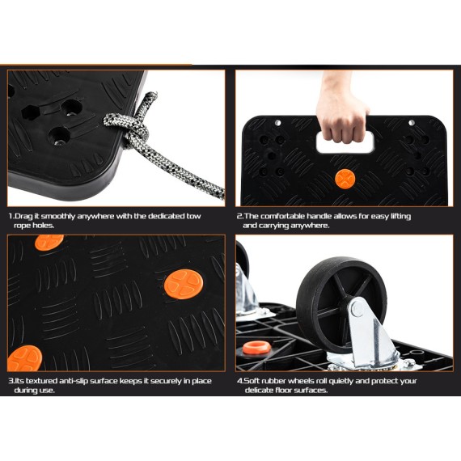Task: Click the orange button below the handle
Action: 345,178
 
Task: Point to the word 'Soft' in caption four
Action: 255,380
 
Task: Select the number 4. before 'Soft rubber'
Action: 240,380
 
